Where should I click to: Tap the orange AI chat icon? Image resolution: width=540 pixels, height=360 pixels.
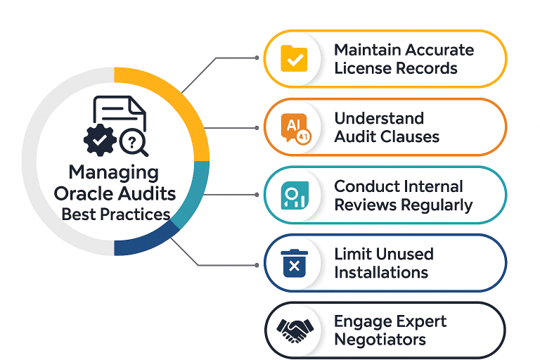click(294, 127)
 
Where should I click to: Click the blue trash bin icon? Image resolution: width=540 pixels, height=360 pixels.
click(294, 263)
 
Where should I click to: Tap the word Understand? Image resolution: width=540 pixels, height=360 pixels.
click(379, 118)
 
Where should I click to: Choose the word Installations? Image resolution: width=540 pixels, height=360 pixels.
click(381, 272)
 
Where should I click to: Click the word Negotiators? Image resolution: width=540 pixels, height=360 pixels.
click(380, 340)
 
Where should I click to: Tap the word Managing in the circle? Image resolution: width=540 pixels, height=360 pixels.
click(113, 172)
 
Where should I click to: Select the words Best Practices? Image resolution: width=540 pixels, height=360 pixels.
click(116, 214)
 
